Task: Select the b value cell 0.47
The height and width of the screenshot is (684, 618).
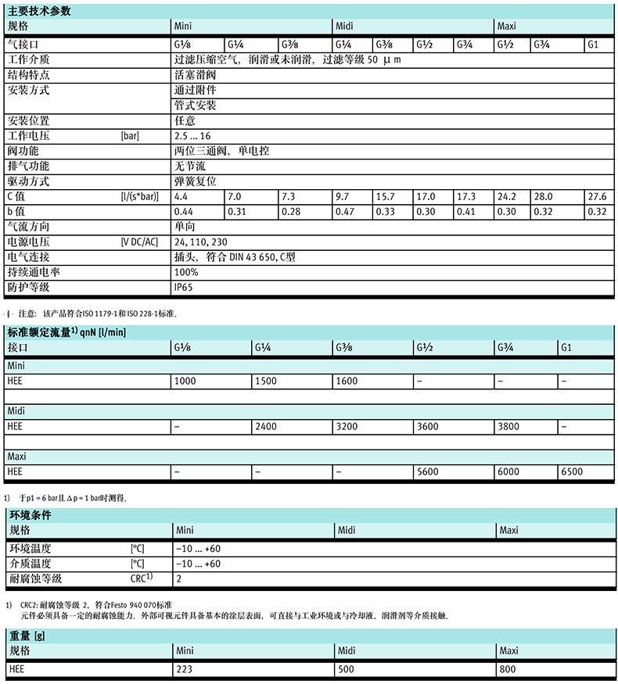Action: pyautogui.click(x=343, y=211)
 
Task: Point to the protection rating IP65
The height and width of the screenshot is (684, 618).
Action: pyautogui.click(x=185, y=287)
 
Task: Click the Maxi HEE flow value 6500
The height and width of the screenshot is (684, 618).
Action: pyautogui.click(x=573, y=471)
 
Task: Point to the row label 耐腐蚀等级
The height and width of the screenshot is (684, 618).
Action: pyautogui.click(x=35, y=578)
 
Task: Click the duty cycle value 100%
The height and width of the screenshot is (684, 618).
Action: pyautogui.click(x=186, y=271)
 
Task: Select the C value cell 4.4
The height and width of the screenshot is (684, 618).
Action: pyautogui.click(x=181, y=196)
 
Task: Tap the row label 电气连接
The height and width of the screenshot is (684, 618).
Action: pyautogui.click(x=29, y=256)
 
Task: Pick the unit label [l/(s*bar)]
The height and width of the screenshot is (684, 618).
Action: pyautogui.click(x=140, y=196)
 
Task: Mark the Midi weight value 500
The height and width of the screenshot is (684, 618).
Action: pyautogui.click(x=346, y=669)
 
